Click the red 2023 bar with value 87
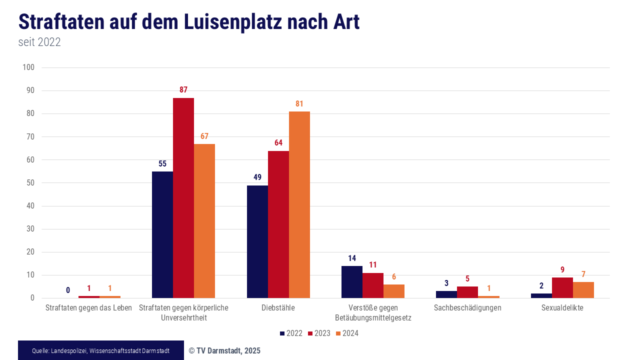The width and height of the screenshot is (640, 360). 183,198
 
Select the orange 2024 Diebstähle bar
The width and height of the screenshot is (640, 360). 299,205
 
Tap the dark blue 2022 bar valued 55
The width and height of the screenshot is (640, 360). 162,235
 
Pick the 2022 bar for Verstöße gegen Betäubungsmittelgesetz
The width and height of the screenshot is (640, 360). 352,282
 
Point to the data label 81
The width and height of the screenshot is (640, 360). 299,104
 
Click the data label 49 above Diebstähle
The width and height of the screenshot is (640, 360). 257,177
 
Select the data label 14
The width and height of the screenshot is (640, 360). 352,258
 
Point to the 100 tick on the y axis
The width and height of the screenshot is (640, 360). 28,67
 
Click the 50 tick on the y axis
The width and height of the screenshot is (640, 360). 30,183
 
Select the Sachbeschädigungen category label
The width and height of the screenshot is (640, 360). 467,308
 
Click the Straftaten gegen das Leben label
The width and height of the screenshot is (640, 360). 88,308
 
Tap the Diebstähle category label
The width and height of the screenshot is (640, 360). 278,308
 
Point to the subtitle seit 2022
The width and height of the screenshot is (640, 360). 39,42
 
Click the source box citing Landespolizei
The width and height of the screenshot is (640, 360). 100,350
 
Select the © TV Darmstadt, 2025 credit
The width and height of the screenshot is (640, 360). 224,351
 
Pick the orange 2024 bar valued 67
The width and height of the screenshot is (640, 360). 204,221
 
